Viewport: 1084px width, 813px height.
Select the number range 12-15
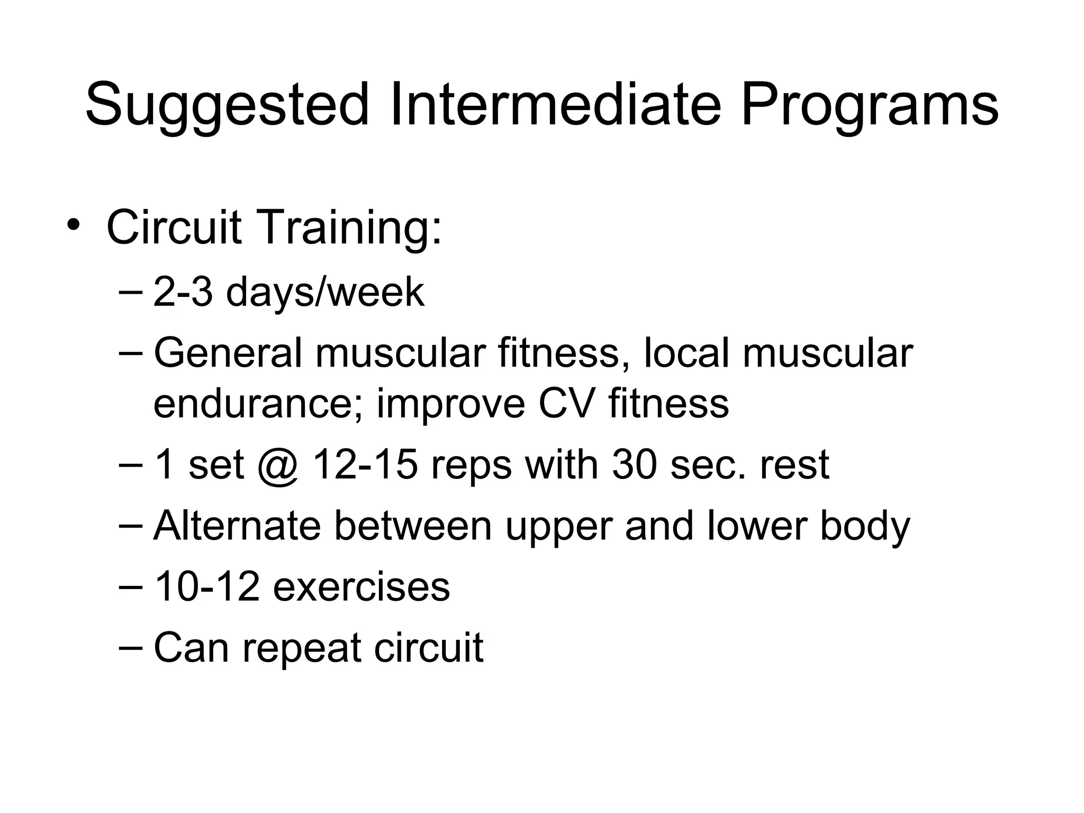[365, 465]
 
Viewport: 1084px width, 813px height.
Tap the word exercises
[361, 587]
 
